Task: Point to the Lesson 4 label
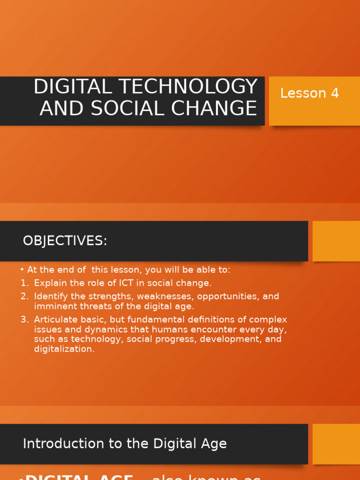(x=309, y=93)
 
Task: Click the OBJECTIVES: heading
(x=65, y=241)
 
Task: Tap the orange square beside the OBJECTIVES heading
(x=336, y=241)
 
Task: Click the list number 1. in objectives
(x=24, y=283)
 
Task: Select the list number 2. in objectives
(x=24, y=296)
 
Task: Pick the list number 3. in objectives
(x=24, y=320)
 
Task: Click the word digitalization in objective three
(x=64, y=349)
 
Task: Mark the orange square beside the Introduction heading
(x=336, y=444)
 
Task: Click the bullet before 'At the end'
(x=22, y=270)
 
